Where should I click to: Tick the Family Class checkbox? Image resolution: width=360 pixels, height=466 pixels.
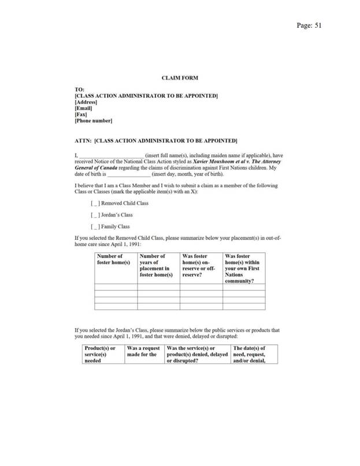click(97, 226)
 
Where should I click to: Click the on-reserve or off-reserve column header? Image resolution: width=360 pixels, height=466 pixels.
click(200, 265)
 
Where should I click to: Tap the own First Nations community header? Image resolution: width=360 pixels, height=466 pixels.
click(243, 269)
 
